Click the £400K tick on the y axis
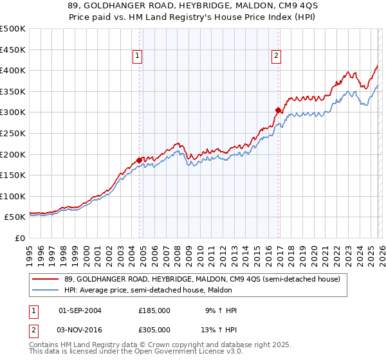pos(13,70)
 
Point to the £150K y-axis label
pos(13,175)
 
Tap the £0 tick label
pos(19,238)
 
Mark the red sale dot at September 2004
pos(139,160)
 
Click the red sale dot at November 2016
pos(278,110)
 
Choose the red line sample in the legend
pos(46,279)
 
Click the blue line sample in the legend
pos(46,291)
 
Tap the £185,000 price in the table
pos(154,310)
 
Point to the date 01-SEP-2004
pos(80,310)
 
